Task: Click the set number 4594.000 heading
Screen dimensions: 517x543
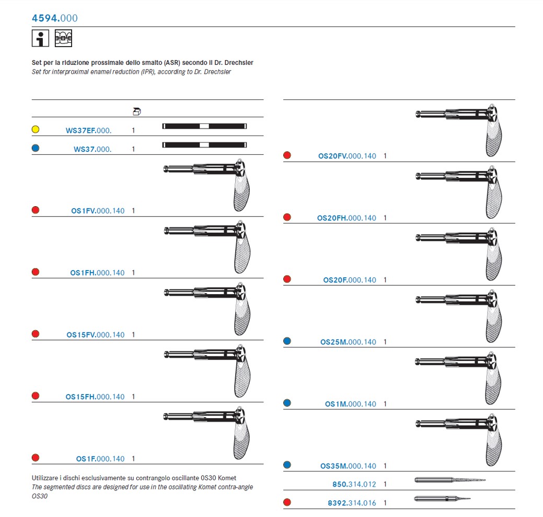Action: click(x=54, y=18)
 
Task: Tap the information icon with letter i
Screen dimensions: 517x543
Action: click(x=41, y=39)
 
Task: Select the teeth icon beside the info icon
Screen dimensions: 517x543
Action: click(x=63, y=39)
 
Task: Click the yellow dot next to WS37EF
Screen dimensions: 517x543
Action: click(x=36, y=129)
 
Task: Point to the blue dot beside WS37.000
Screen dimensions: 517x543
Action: click(x=36, y=149)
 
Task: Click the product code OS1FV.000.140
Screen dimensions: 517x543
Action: click(x=98, y=211)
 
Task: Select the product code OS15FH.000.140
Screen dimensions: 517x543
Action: click(x=95, y=397)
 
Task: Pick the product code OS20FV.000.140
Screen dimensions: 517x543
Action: click(x=347, y=156)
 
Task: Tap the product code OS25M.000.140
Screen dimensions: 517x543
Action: click(x=348, y=342)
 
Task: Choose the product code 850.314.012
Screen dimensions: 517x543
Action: click(x=354, y=485)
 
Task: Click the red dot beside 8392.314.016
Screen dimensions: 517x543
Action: click(x=287, y=502)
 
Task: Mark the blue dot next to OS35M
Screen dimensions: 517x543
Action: click(x=287, y=465)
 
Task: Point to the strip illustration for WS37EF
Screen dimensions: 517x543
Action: click(x=204, y=126)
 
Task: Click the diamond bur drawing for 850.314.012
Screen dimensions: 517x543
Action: click(x=449, y=479)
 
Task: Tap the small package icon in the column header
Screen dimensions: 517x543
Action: click(x=137, y=111)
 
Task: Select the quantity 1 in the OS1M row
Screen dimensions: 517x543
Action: click(x=385, y=404)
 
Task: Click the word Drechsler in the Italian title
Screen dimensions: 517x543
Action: click(x=238, y=63)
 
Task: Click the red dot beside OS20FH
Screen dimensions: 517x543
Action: click(x=287, y=217)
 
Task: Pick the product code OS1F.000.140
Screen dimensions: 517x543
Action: click(x=100, y=459)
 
